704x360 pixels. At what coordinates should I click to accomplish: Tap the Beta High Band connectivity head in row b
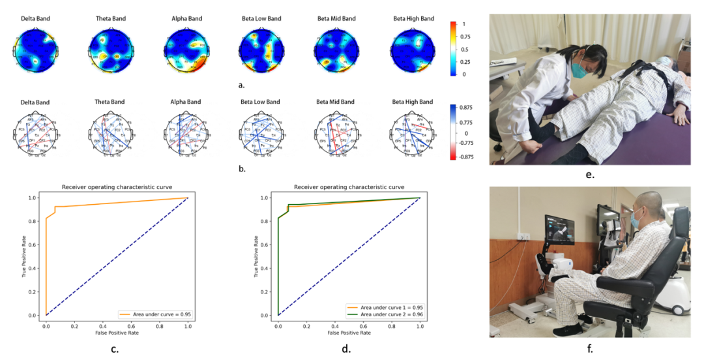click(x=413, y=135)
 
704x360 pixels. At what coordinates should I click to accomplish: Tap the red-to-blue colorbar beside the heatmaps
click(x=452, y=49)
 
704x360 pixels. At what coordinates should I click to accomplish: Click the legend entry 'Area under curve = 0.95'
click(x=155, y=314)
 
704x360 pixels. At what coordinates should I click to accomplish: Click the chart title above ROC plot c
click(x=117, y=187)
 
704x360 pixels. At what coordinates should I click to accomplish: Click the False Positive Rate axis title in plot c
click(x=116, y=333)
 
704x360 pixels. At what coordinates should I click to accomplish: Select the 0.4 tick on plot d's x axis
click(x=335, y=324)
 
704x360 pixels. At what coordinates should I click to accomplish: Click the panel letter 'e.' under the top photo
click(x=590, y=175)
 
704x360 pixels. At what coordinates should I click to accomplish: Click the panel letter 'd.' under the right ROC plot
click(x=346, y=350)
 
